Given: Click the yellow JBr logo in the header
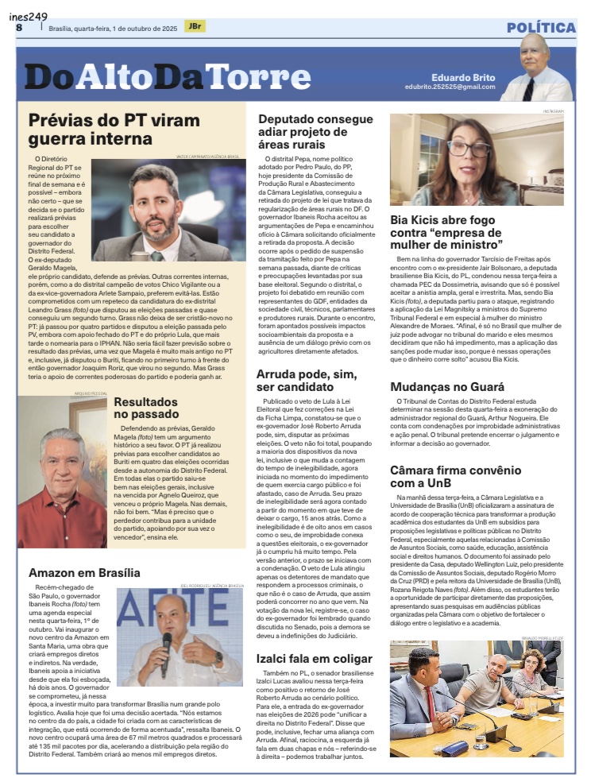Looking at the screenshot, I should click(193, 26).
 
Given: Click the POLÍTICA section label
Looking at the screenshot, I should click(541, 28).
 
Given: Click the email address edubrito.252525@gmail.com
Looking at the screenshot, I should click(449, 87).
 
